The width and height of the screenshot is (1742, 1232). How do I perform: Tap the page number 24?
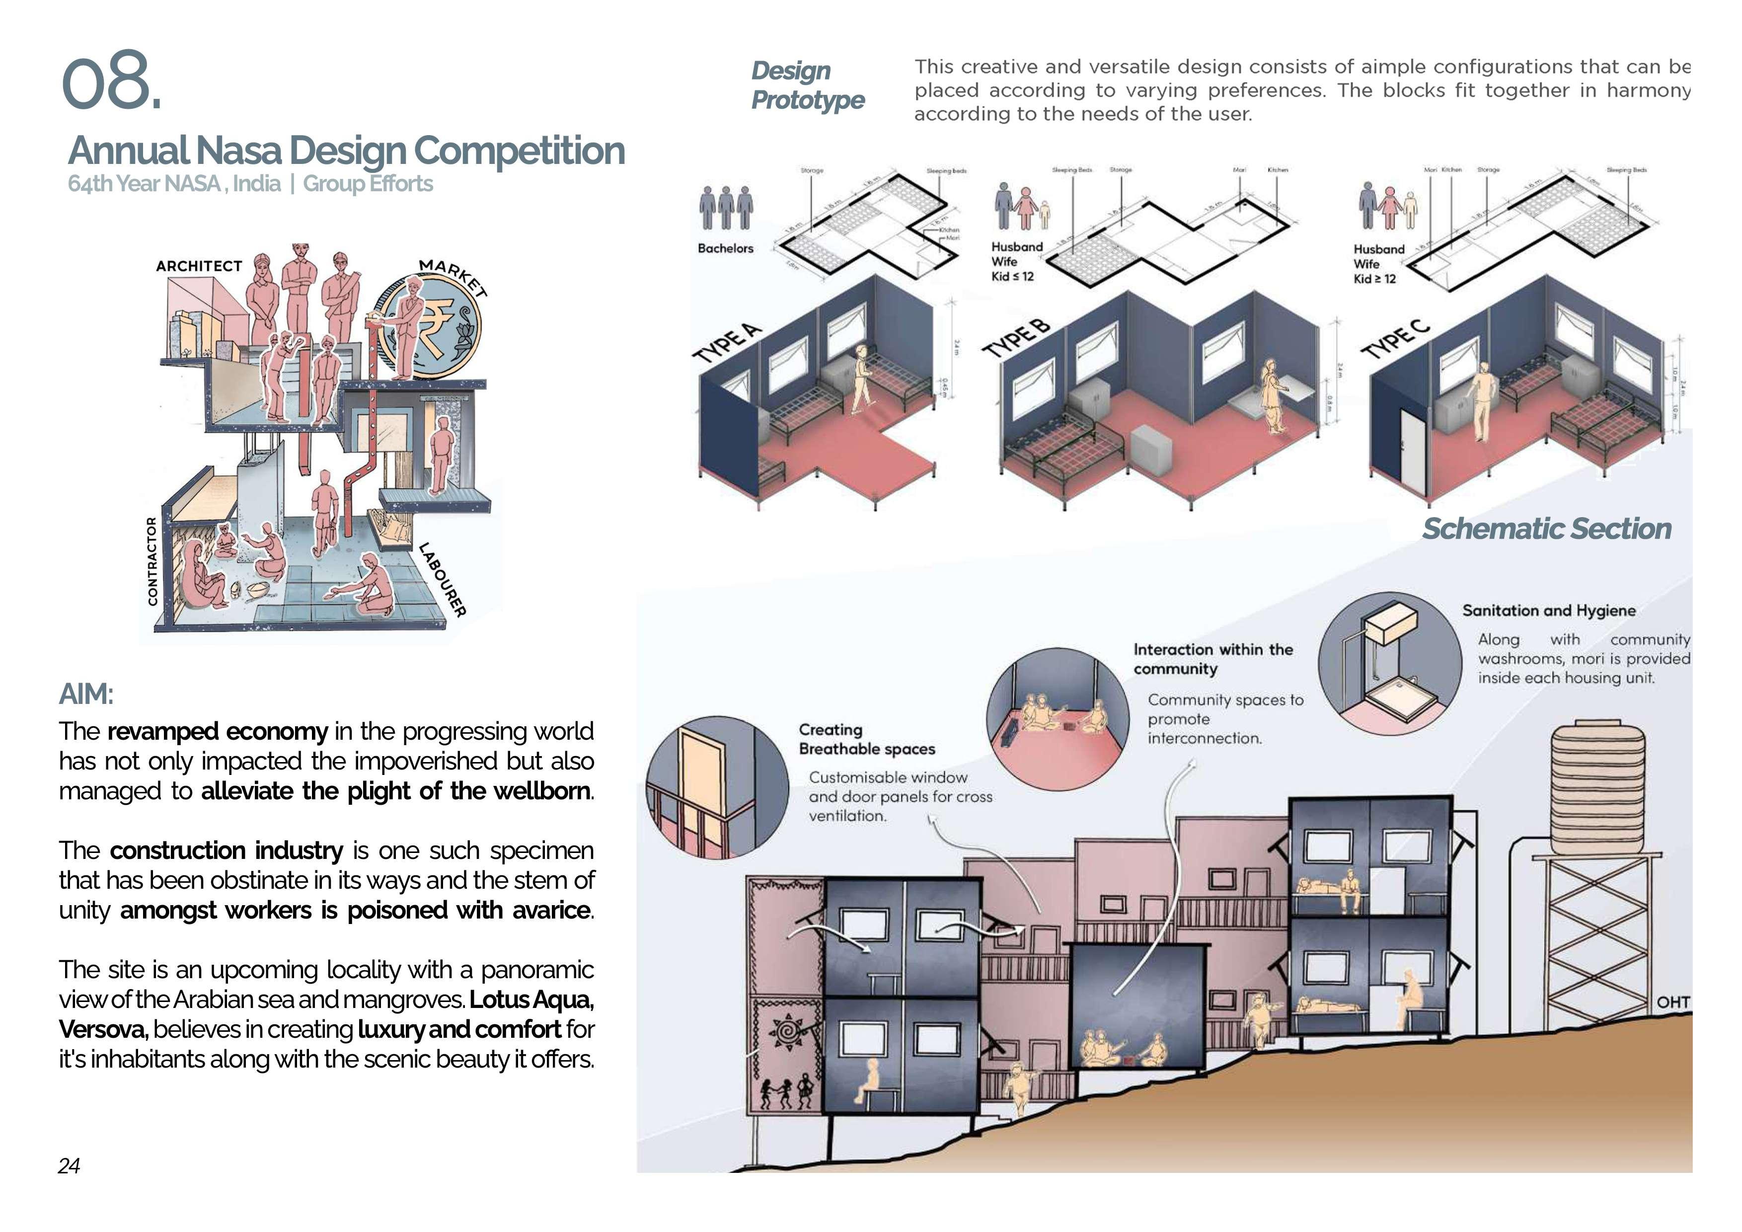(x=69, y=1165)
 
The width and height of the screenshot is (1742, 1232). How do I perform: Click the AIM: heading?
(x=86, y=694)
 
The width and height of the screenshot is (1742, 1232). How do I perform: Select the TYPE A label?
(x=727, y=343)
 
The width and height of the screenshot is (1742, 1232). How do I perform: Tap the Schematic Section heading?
(x=1546, y=529)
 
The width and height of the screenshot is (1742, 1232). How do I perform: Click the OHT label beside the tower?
(x=1673, y=1002)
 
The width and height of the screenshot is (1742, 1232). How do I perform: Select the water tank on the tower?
(x=1598, y=789)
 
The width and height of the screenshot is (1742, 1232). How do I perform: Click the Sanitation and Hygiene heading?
(x=1549, y=611)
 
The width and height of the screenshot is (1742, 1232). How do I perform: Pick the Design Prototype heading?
(x=807, y=85)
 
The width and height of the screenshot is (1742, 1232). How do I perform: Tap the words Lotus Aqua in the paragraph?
(x=531, y=1000)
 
